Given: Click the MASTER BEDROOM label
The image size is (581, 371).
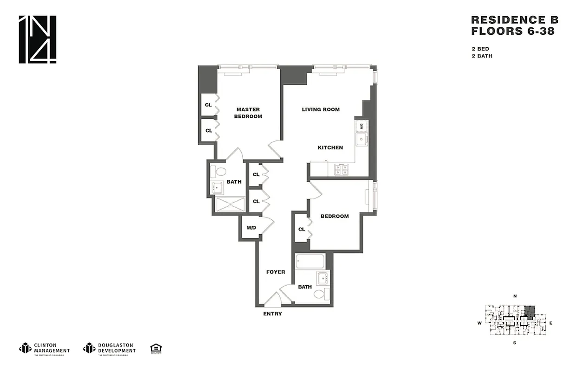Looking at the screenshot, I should tap(249, 113).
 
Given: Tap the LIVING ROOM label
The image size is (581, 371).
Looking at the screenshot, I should tap(321, 109).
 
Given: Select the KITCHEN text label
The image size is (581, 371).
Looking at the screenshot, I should tap(330, 147).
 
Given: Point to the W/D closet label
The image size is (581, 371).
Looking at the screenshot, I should tap(251, 228).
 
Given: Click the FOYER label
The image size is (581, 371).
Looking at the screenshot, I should tap(276, 272).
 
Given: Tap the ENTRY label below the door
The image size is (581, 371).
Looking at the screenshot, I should tap(272, 314).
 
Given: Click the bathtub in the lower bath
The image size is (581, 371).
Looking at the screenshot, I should tap(311, 262).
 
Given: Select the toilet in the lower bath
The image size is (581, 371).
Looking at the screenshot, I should tap(319, 294).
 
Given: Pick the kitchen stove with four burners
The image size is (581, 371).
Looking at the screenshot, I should tap(342, 170).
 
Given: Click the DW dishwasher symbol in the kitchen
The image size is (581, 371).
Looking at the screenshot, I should tap(362, 126).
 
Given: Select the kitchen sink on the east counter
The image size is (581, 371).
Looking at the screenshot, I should tap(361, 139).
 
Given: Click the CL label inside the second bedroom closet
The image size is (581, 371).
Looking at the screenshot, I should tap(302, 229).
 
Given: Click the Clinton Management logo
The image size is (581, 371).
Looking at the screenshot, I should tap(44, 348).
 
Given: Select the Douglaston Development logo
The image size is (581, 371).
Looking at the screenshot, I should tap(109, 348).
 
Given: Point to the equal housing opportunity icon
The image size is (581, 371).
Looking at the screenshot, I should tap(155, 348).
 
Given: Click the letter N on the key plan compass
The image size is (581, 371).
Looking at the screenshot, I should tap(515, 296).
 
